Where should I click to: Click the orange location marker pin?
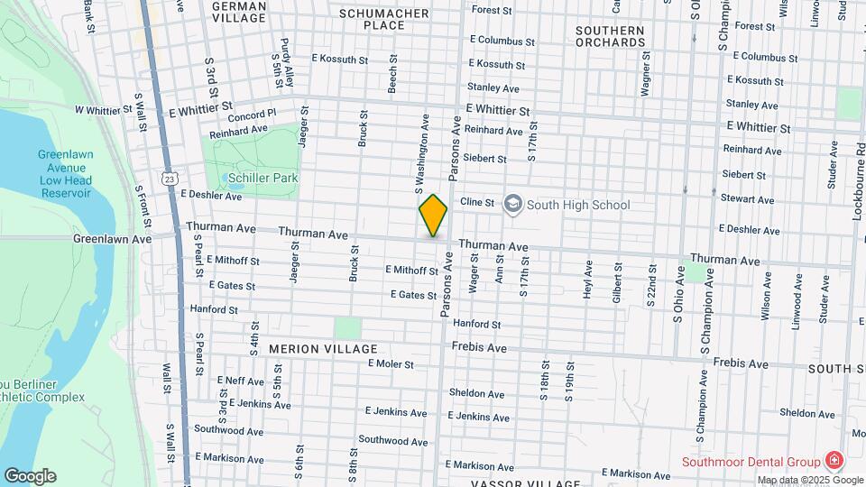click(433, 216)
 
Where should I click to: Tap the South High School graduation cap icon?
click(512, 204)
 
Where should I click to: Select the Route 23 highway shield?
click(170, 179)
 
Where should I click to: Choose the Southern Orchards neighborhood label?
click(610, 36)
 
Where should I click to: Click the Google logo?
click(30, 475)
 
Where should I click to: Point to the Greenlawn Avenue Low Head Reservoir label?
click(65, 173)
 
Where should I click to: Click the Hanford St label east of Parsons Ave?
click(476, 324)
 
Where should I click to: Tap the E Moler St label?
click(391, 364)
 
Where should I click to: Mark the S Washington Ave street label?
click(419, 153)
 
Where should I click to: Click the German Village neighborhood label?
click(238, 12)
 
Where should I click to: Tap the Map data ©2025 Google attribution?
click(809, 480)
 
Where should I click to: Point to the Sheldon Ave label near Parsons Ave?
click(476, 393)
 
